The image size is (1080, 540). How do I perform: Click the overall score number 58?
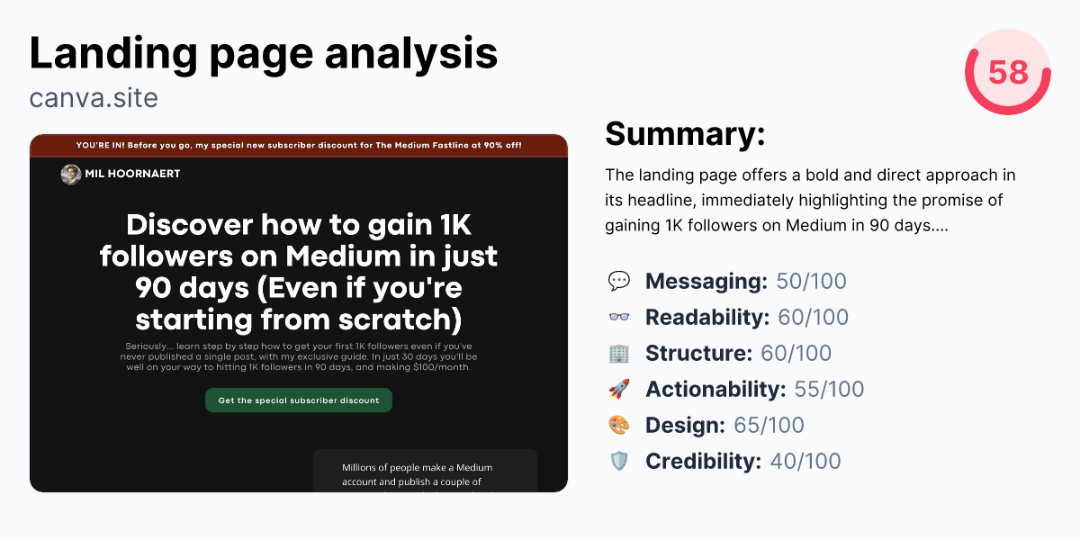coord(1007,72)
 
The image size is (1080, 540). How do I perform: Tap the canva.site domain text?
coord(94,97)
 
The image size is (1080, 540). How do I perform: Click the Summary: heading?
coord(685,134)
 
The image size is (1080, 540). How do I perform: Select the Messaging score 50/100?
coord(811,282)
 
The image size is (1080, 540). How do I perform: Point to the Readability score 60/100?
coord(813,318)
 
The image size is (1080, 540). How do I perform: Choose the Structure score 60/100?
coord(796,354)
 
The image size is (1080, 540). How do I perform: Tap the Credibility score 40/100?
coord(805,462)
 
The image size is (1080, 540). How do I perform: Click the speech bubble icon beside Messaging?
coord(619,282)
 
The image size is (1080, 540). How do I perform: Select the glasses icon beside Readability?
coord(619,318)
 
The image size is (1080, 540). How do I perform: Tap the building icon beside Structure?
coord(619,354)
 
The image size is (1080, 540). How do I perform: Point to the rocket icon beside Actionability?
coord(619,390)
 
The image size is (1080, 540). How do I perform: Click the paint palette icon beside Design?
coord(619,426)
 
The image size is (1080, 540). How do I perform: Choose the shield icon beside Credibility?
coord(619,462)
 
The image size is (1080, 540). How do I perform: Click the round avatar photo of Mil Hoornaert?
coord(71,174)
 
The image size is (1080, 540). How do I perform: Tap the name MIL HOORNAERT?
coord(132,174)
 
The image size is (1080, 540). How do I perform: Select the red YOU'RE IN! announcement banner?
coord(299,145)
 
